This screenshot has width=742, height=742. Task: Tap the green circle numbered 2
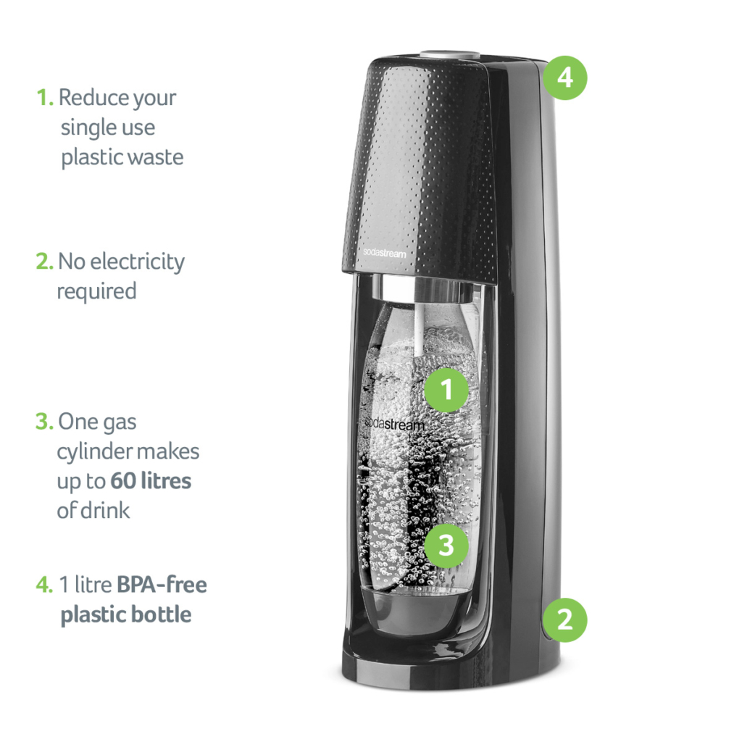pos(564,620)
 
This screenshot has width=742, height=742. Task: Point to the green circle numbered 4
pos(564,77)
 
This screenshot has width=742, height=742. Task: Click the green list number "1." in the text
pos(45,98)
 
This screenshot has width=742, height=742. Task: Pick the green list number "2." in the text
pos(45,262)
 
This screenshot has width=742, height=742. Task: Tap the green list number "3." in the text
pos(45,422)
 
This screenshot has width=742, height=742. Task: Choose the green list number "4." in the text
pos(45,585)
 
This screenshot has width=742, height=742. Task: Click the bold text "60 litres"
pos(151,481)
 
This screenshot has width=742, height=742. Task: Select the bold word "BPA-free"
pos(162,585)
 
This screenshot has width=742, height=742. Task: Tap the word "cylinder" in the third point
pos(90,452)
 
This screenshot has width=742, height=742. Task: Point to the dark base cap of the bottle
pos(414,605)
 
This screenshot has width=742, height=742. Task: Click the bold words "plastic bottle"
pos(126,615)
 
